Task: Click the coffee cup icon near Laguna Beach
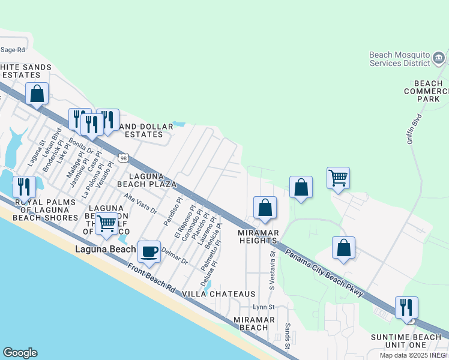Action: (149, 251)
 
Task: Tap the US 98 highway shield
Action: (123, 158)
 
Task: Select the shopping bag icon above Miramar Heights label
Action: (265, 208)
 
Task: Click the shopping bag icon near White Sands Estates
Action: (37, 94)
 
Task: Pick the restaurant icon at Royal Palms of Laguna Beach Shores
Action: (24, 187)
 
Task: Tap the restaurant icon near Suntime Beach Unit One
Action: (406, 307)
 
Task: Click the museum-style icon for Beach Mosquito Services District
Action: (439, 58)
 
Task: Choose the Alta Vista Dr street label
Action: (140, 203)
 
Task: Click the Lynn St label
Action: (263, 307)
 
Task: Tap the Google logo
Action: (20, 353)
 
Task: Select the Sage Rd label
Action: (13, 50)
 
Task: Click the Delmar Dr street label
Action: (174, 258)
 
